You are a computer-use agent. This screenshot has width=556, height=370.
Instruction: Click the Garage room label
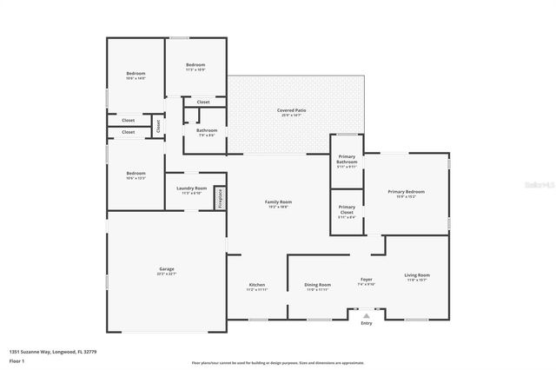[167, 270]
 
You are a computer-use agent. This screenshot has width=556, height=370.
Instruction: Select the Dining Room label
[317, 285]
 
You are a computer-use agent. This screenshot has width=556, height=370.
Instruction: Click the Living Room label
[417, 276]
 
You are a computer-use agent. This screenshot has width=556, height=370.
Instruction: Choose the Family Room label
[278, 202]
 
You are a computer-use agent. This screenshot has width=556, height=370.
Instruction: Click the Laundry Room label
[191, 188]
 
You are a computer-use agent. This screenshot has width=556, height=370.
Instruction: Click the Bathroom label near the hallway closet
[207, 131]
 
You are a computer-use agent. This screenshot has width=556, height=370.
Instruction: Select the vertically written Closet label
[159, 126]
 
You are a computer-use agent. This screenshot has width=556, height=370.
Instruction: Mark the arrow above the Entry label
[366, 317]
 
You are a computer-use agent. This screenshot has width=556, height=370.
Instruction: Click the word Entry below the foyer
[366, 324]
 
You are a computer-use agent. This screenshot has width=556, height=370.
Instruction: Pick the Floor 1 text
[17, 360]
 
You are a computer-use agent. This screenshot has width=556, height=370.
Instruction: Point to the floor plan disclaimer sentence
[278, 363]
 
